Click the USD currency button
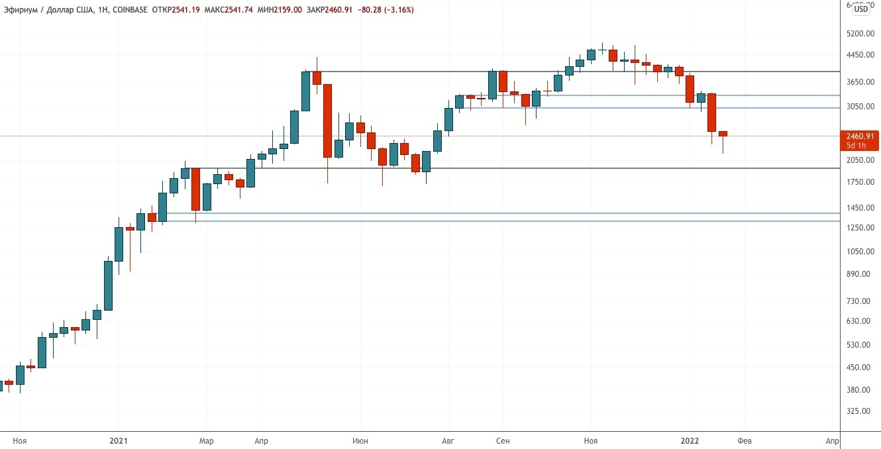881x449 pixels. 861,9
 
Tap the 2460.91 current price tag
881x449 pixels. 860,136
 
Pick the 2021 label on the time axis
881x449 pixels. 119,440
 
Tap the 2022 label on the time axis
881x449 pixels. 690,440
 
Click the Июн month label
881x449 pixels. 360,440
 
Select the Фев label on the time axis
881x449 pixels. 745,440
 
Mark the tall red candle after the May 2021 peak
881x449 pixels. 327,121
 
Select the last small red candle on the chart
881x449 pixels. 723,134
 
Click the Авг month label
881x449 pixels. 448,440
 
